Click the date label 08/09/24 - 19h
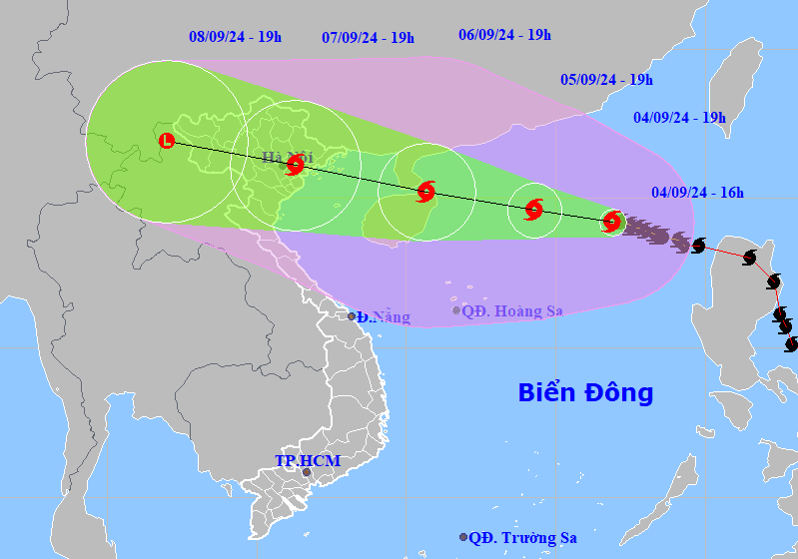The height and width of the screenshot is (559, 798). click(x=235, y=37)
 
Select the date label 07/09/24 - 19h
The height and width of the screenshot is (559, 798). click(x=368, y=37)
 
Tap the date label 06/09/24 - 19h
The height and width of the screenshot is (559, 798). click(x=504, y=34)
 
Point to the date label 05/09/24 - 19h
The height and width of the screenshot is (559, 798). click(x=606, y=79)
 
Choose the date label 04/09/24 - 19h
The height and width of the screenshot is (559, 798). click(x=679, y=117)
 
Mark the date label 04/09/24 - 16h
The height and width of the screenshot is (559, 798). click(x=697, y=193)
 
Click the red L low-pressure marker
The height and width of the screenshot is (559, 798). click(x=167, y=141)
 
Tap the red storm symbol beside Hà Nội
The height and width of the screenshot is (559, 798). click(x=295, y=166)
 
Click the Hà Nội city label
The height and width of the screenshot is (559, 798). click(x=287, y=157)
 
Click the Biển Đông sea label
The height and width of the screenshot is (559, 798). click(x=585, y=392)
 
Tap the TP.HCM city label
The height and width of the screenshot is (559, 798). click(x=308, y=461)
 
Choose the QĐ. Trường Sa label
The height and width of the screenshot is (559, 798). click(x=522, y=538)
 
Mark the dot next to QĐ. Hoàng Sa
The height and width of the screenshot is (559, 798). click(x=456, y=310)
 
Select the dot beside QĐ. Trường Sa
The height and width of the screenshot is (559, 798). click(x=463, y=537)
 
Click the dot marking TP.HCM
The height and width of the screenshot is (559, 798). click(x=306, y=472)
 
